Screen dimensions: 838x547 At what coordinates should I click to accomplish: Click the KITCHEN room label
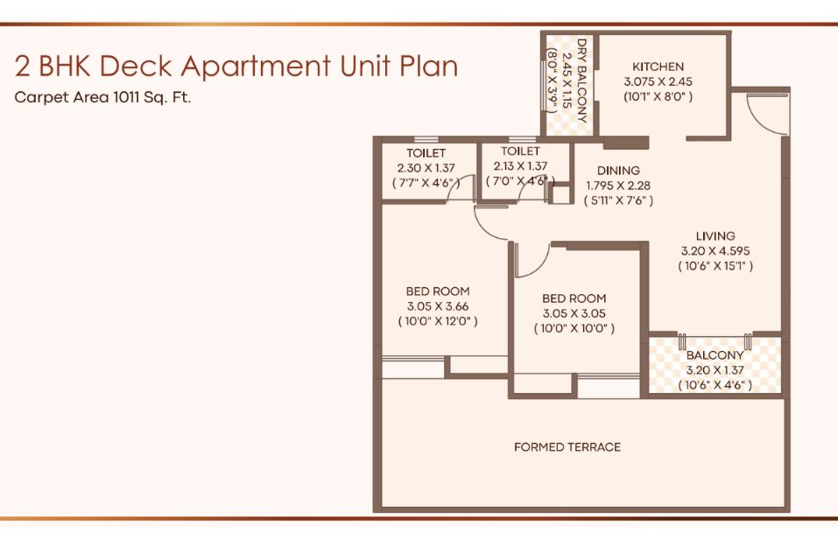[x=658, y=67]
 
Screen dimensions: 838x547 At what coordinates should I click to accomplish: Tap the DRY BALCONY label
[x=582, y=81]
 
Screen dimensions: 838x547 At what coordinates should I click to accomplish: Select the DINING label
[x=618, y=171]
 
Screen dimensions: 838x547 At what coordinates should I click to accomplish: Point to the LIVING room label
[x=715, y=235]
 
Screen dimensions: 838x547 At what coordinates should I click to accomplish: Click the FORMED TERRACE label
[x=567, y=447]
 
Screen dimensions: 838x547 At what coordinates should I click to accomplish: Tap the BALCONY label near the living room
[x=715, y=355]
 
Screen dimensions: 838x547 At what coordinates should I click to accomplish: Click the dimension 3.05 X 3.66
[x=438, y=306]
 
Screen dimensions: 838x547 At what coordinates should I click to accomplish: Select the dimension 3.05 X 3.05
[x=574, y=313]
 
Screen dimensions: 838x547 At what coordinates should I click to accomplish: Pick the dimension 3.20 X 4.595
[x=715, y=250]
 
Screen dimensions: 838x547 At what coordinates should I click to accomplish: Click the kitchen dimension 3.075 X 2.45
[x=658, y=81]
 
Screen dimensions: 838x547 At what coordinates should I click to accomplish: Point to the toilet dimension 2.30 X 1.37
[x=426, y=168]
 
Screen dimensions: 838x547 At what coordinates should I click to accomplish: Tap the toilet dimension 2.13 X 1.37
[x=520, y=166]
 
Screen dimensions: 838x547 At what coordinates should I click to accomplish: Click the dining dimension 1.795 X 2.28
[x=618, y=186]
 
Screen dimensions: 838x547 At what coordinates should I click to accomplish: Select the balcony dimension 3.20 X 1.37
[x=715, y=369]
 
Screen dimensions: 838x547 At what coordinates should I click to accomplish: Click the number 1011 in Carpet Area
[x=124, y=97]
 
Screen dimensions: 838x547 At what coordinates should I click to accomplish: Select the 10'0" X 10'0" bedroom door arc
[x=539, y=265]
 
